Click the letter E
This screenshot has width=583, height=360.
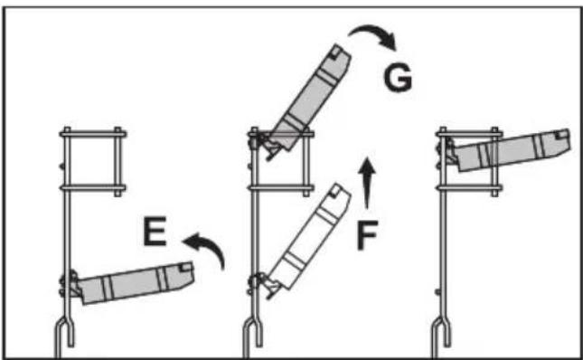155,232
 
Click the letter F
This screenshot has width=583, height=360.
367,235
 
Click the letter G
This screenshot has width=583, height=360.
398,78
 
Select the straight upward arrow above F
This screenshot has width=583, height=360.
368,182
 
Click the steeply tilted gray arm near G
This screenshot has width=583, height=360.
309,98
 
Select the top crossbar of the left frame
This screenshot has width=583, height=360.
93,134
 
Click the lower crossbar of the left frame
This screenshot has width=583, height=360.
92,188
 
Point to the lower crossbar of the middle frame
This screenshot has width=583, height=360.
281,188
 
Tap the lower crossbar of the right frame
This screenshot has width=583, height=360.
470,188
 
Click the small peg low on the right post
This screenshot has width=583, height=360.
438,292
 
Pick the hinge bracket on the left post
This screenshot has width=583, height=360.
70,284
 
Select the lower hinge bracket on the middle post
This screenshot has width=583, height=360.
265,285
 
